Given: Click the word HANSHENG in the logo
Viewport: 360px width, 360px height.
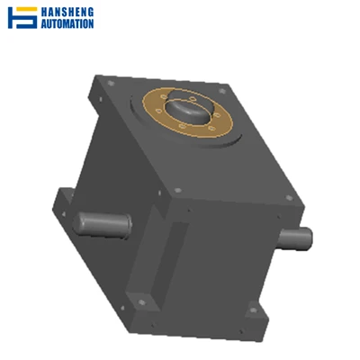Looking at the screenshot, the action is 67,12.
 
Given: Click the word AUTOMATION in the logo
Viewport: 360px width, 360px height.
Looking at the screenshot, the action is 67,23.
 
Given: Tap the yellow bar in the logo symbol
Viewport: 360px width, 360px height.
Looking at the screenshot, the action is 25,9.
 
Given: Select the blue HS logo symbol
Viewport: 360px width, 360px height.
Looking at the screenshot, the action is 22,18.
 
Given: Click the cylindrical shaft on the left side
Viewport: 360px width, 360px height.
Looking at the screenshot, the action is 103,225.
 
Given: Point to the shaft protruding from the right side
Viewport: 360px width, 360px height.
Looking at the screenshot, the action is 295,238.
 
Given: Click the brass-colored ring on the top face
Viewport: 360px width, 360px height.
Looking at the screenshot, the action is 187,112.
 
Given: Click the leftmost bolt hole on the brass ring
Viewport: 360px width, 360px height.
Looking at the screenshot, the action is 159,111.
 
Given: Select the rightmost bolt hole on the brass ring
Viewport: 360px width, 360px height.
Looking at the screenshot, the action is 217,115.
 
